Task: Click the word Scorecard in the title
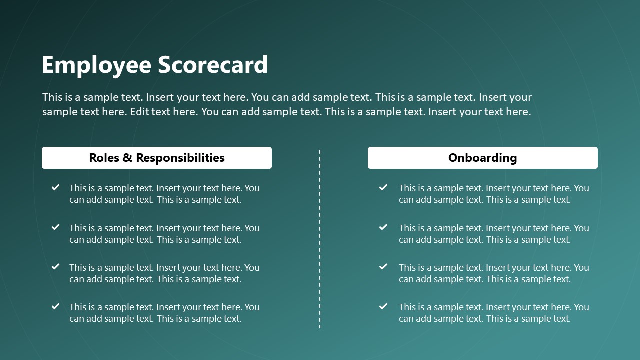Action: pyautogui.click(x=213, y=65)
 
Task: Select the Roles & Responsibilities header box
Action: pyautogui.click(x=157, y=158)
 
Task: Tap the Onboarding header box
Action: pyautogui.click(x=482, y=158)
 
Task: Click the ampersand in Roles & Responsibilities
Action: pyautogui.click(x=127, y=158)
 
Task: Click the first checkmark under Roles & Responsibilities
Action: pyautogui.click(x=56, y=187)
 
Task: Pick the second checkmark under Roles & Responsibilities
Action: pyautogui.click(x=56, y=227)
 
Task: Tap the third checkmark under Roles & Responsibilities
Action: pyautogui.click(x=56, y=267)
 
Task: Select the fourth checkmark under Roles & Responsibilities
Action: pyautogui.click(x=56, y=306)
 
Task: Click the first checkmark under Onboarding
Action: pyautogui.click(x=383, y=187)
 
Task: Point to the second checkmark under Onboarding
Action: pyautogui.click(x=383, y=227)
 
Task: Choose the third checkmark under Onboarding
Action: pyautogui.click(x=383, y=267)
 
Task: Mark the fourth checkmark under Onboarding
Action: pyautogui.click(x=383, y=306)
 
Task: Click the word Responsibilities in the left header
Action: pyautogui.click(x=180, y=158)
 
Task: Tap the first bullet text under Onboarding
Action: pyautogui.click(x=494, y=194)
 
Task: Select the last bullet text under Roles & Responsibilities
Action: pyautogui.click(x=164, y=313)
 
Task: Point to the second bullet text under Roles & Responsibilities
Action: pyautogui.click(x=164, y=234)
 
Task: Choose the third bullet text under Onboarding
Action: pyautogui.click(x=494, y=273)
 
